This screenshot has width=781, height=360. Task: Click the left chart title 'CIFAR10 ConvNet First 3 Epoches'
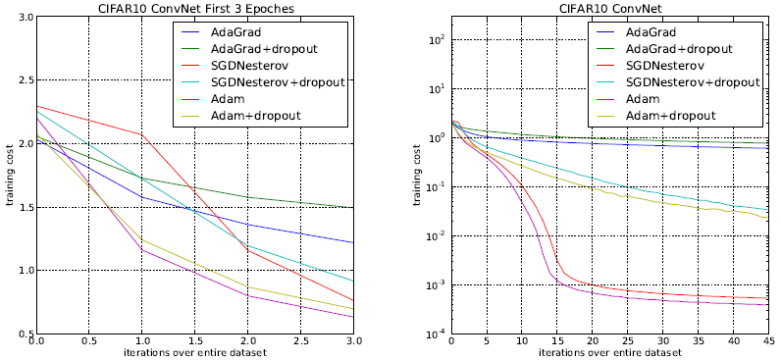[195, 9]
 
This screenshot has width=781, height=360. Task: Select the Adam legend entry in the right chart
[644, 99]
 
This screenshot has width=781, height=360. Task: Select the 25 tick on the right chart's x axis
[627, 342]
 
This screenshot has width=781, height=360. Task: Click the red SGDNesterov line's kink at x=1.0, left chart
[142, 134]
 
